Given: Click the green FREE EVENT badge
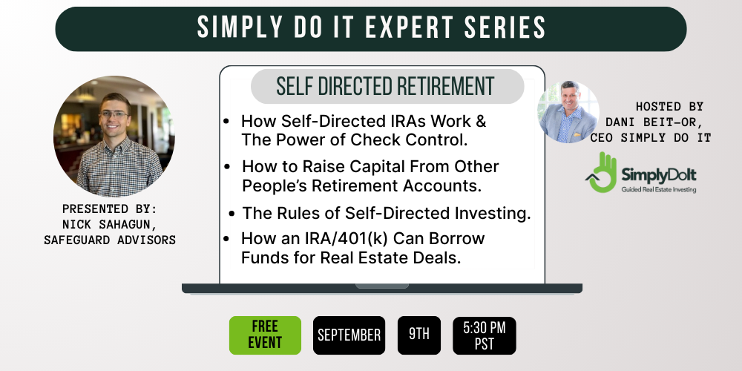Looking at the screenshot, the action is (x=265, y=335).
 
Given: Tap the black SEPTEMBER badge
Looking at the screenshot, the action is (x=349, y=335).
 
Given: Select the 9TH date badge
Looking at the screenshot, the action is (x=418, y=335).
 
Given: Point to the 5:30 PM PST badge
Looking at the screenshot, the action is (x=484, y=335).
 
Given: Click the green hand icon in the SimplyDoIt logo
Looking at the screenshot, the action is (x=602, y=172).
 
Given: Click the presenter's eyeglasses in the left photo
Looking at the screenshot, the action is (x=114, y=114).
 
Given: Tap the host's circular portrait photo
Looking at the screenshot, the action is (x=568, y=112).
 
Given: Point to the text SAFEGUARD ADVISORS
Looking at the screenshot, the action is (x=110, y=240).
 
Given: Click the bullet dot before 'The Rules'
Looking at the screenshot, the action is (x=232, y=214).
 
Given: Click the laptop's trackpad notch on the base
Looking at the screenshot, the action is (x=382, y=286).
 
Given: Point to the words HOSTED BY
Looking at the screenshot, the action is (x=669, y=106).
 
